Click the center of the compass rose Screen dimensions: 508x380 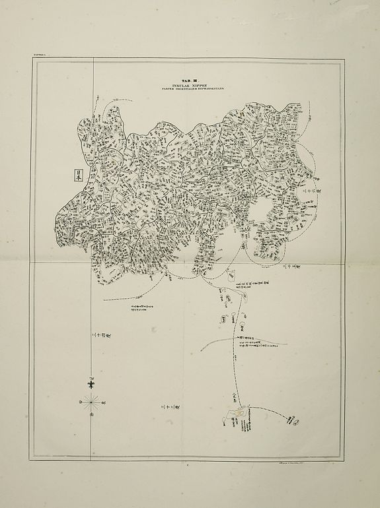click(91, 399)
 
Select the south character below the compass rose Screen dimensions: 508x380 click(91, 415)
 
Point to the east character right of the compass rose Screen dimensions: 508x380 click(104, 400)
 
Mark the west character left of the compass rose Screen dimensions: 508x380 click(79, 399)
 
